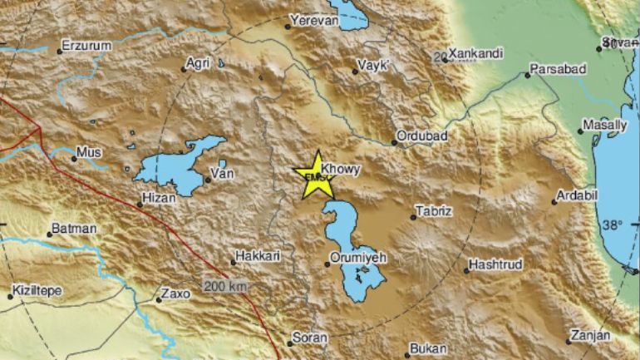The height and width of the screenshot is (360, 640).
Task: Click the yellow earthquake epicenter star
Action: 315,174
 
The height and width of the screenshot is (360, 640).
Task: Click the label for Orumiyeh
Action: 357,259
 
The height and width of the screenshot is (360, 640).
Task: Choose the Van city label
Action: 222,174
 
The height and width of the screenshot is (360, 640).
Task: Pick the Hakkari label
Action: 256,258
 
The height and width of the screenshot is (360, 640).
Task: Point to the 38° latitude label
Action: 613,225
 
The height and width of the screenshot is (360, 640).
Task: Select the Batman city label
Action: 74,229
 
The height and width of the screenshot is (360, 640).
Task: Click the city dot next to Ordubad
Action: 396,143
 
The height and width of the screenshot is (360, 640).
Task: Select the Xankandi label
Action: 475,54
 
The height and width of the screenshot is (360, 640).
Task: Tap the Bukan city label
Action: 431,349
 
